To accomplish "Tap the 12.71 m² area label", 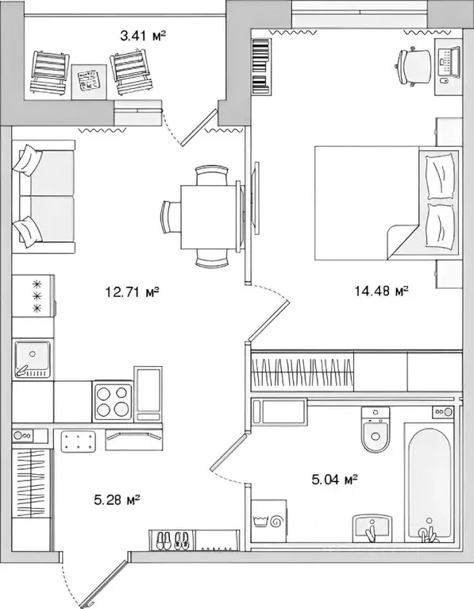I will coord(132,291).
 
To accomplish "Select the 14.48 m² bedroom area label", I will coord(380,291).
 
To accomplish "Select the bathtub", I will coord(428,484).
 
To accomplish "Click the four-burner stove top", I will coord(113,401).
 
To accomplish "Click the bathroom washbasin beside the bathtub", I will coord(373,526).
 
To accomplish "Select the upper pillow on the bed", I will coord(441,175).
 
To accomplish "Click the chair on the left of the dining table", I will coord(171,217).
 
